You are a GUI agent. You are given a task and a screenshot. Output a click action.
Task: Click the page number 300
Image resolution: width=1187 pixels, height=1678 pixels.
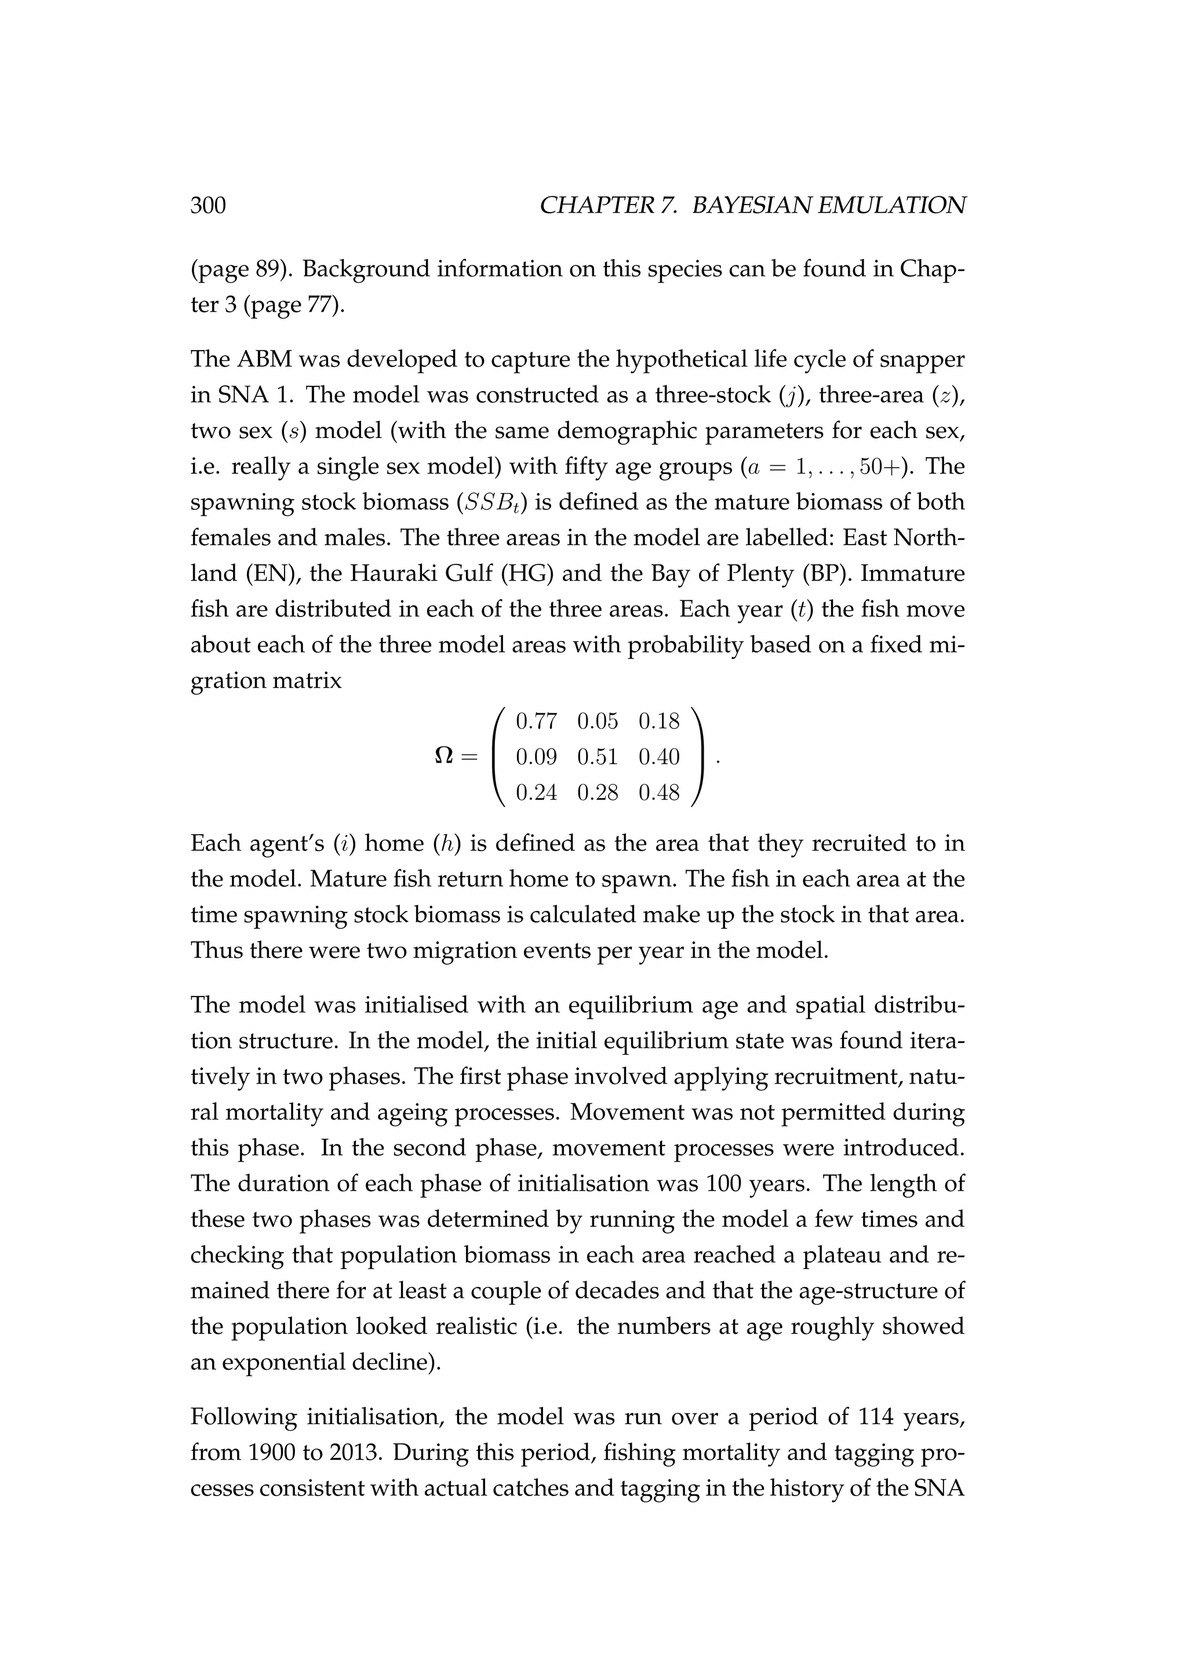[208, 206]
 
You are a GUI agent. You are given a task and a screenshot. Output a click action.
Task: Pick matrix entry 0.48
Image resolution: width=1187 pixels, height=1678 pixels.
[658, 792]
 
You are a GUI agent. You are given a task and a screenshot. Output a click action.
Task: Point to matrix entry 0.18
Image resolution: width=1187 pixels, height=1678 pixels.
[658, 721]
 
